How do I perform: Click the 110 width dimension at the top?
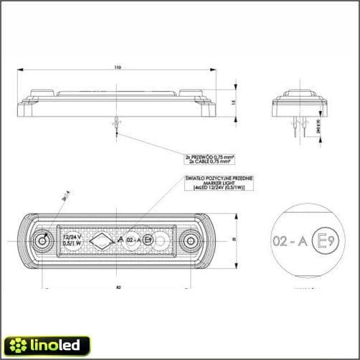tap(118, 67)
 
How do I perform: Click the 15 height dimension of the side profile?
tap(224, 102)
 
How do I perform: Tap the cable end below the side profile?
tap(115, 125)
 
